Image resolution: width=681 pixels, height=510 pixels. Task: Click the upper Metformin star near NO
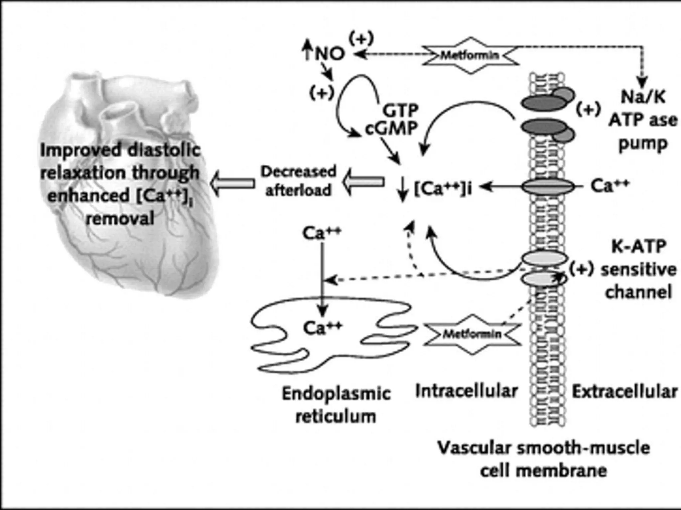point(471,55)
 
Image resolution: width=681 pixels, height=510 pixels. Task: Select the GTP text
point(400,110)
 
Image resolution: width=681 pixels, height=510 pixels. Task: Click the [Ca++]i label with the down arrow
point(437,188)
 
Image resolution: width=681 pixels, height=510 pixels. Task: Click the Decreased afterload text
point(298,181)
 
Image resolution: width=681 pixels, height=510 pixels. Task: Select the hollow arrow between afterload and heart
point(233,183)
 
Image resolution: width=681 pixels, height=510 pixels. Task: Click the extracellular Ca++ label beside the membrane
point(610,186)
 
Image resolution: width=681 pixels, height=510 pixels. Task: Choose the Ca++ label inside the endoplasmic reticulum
point(322,328)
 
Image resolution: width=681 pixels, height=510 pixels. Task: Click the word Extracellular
point(624,392)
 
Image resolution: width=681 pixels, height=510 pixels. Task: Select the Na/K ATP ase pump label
point(642,120)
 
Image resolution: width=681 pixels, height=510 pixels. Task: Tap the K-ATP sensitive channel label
point(638,270)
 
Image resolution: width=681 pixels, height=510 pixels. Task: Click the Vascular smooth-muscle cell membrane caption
point(544,459)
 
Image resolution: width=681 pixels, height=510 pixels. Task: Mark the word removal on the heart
point(120,219)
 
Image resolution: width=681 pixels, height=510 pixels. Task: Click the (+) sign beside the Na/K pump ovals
point(588,109)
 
